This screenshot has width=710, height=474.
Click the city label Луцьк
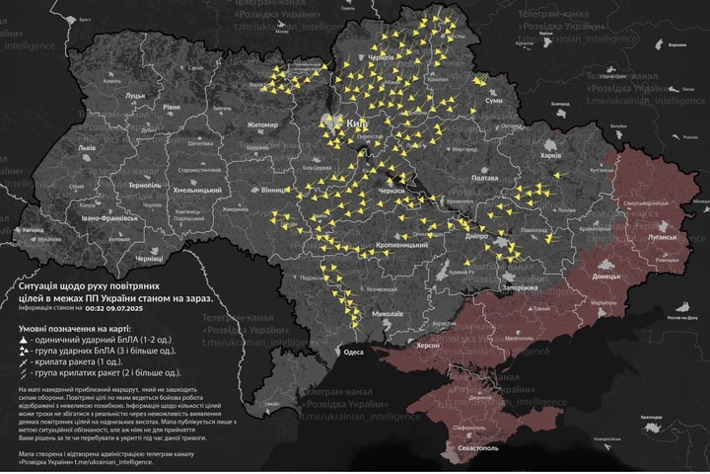pos(134,96)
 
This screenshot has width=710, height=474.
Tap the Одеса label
pos(353,352)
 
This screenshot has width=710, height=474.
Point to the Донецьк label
pos(605,276)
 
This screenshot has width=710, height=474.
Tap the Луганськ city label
pos(663,238)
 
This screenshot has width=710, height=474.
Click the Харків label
pos(550,155)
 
